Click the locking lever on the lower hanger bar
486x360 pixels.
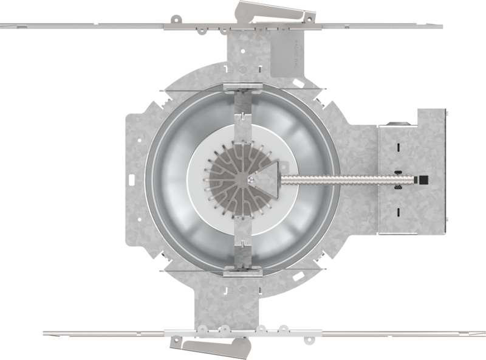[209, 348]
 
